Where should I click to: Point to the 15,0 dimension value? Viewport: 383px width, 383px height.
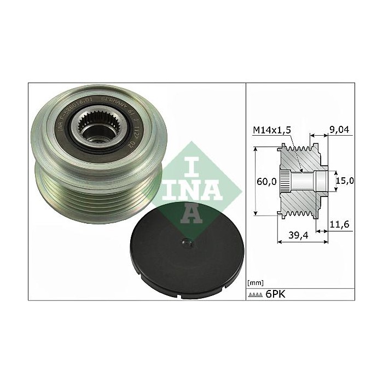click(345, 181)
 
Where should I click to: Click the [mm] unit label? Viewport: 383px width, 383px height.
click(256, 282)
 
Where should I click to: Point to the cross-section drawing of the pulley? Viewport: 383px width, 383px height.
click(303, 181)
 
